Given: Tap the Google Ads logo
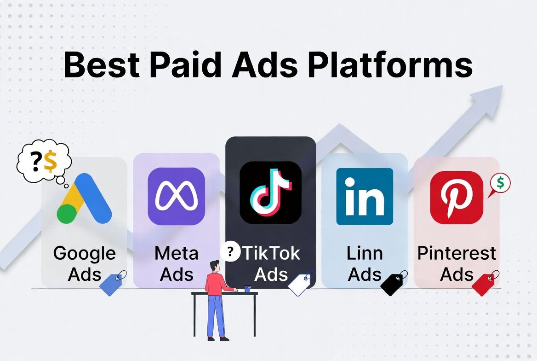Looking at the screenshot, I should [x=84, y=199].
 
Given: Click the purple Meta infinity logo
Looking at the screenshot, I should [x=176, y=196].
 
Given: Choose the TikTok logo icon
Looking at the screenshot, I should [x=270, y=192].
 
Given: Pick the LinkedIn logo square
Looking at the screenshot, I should [x=365, y=196].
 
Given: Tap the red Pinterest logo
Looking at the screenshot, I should [x=457, y=198].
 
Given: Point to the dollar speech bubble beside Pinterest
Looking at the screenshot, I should [x=500, y=184].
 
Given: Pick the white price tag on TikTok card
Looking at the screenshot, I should [x=302, y=283].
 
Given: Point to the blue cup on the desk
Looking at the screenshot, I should [x=247, y=288].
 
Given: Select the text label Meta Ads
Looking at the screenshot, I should [x=177, y=263].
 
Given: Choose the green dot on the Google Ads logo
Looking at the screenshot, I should [x=67, y=214].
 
